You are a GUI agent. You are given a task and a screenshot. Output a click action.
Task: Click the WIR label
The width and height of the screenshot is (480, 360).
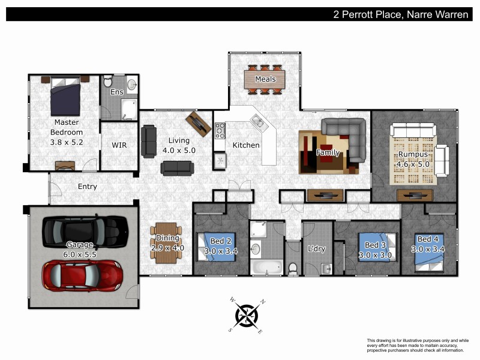(x=119, y=145)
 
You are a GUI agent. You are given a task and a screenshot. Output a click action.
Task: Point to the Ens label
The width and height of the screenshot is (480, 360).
(x=118, y=92)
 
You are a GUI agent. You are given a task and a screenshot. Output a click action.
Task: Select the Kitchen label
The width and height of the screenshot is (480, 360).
(x=246, y=145)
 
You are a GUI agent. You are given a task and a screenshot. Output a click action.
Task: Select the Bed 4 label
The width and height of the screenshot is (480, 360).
(x=427, y=239)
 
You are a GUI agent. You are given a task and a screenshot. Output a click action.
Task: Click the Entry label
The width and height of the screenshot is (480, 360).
(x=88, y=187)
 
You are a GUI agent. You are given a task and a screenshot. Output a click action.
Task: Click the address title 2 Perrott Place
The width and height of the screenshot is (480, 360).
(x=400, y=14)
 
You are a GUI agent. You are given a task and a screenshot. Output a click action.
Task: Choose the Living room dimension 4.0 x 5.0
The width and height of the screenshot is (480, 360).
(x=178, y=150)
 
